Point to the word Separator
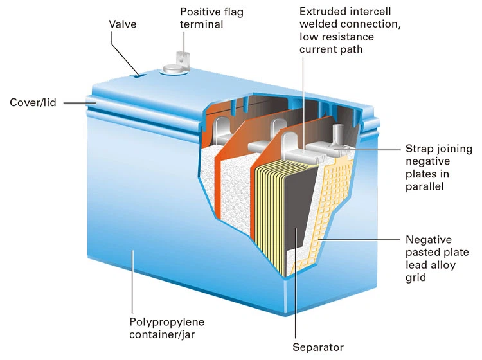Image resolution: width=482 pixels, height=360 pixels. tap(318, 348)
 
